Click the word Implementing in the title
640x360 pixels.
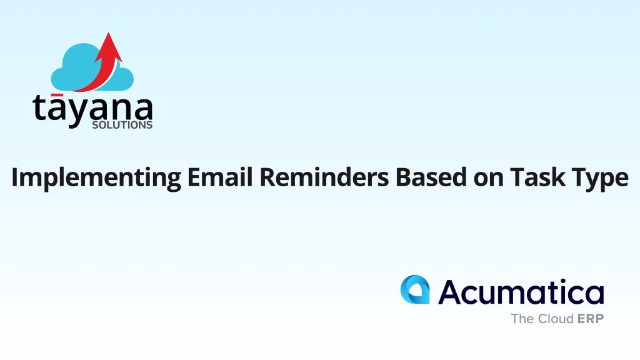96,178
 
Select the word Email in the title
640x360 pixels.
220,177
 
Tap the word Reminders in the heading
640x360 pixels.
324,177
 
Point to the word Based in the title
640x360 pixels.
431,177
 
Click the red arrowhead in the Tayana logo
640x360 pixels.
109,47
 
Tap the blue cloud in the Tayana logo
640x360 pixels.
92,67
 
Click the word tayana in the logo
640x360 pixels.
92,110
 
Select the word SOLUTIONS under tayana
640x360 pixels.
122,125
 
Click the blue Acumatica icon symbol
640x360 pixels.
415,289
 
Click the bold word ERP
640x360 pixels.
591,318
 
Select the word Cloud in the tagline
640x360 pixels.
556,318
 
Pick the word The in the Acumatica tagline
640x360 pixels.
522,318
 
